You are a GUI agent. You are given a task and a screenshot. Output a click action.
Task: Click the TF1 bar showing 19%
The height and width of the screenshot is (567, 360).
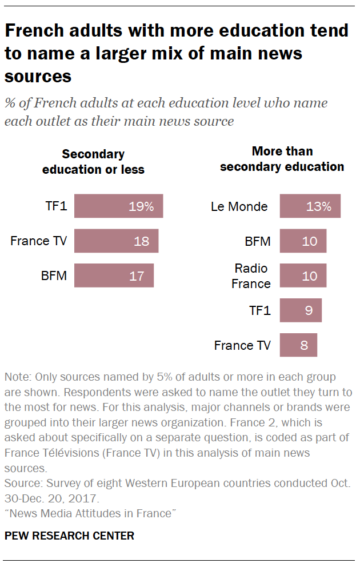point(118,206)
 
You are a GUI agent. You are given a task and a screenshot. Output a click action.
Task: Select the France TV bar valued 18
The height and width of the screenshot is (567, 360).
point(116,241)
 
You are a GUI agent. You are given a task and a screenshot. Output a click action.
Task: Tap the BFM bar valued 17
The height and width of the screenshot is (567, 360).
point(114,276)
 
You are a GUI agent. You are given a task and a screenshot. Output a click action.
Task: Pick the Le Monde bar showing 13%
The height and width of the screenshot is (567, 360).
point(310,206)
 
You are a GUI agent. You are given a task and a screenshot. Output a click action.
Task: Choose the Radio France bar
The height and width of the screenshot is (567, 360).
point(303,275)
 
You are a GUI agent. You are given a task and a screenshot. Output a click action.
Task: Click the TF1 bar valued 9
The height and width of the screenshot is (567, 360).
point(301,310)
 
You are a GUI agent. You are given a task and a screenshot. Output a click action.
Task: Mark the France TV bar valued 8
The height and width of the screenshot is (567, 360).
point(298,345)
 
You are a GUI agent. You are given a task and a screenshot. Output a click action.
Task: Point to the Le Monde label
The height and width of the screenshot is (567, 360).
point(239,206)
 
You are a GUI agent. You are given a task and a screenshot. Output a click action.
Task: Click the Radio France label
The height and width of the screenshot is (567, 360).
point(251,275)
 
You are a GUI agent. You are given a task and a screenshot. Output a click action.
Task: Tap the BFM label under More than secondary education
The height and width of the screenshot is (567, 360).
point(257,241)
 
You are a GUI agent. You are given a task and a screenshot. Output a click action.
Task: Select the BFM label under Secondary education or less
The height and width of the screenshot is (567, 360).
point(54,276)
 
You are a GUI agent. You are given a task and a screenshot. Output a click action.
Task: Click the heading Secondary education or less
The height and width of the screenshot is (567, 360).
point(93,162)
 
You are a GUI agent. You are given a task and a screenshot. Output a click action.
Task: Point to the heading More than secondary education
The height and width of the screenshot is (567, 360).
point(282,159)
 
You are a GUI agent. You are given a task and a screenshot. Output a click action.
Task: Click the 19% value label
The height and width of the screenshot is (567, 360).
point(141,206)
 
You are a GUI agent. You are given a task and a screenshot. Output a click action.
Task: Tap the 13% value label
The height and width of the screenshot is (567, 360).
point(319,206)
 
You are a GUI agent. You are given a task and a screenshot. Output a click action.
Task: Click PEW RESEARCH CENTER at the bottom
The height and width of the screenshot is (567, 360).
point(69,536)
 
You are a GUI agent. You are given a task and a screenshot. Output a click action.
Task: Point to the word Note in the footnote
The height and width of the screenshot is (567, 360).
point(16,377)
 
